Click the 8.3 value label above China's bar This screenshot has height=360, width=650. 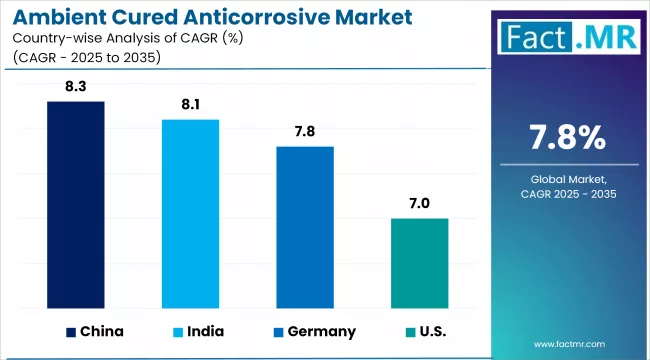[76, 88]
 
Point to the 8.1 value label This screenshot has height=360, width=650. [190, 105]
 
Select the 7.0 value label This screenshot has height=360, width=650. [419, 203]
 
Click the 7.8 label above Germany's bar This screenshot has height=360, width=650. [305, 132]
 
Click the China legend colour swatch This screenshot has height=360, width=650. [71, 331]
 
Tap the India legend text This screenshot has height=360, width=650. [205, 331]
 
